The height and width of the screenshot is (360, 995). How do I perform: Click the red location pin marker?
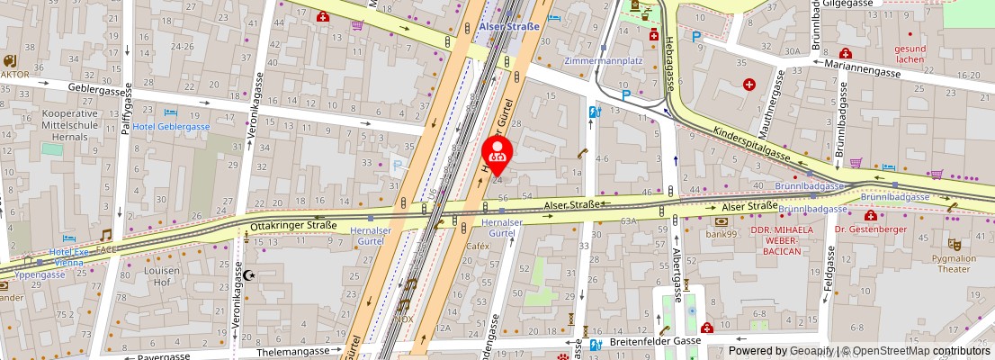[497, 154]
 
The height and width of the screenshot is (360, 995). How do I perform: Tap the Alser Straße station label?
[509, 27]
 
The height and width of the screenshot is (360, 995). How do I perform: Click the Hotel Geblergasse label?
[171, 127]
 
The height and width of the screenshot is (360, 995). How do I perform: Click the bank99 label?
[722, 235]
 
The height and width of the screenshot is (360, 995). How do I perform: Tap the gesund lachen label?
[910, 53]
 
